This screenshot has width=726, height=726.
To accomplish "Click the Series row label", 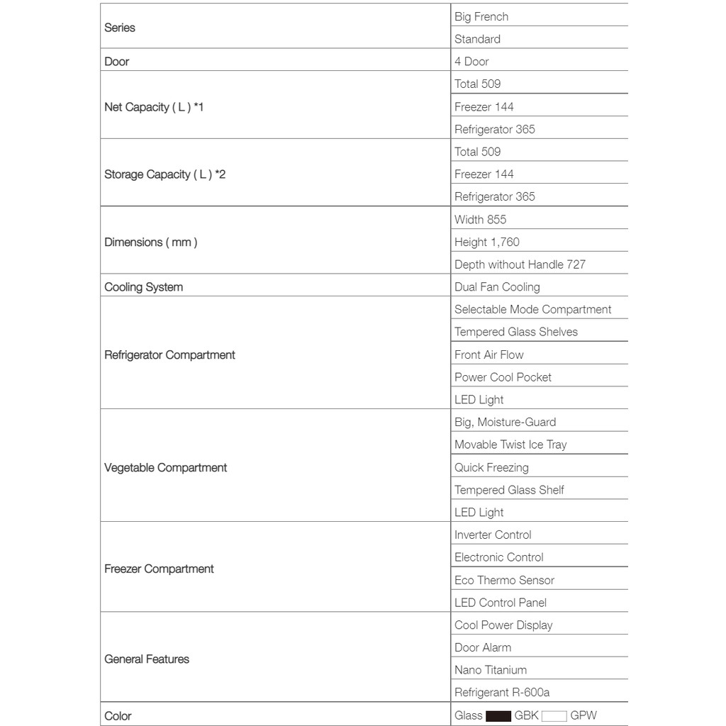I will click(x=120, y=28).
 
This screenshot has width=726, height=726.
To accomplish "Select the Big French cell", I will click(x=481, y=16).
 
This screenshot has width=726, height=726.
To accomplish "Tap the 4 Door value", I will click(x=471, y=62).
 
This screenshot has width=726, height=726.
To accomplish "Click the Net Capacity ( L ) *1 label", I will click(x=154, y=107).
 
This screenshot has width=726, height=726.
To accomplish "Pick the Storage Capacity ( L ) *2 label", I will click(x=164, y=174).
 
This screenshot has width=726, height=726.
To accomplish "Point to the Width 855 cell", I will click(x=480, y=220).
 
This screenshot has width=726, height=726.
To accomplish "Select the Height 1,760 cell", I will click(x=486, y=242).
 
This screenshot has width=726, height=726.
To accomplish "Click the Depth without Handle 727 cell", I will click(x=520, y=264).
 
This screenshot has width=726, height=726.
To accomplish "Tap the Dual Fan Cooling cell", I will click(x=497, y=287).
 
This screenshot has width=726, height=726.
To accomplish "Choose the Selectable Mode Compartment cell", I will click(x=532, y=310).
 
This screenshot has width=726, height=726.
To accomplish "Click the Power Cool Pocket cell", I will click(x=503, y=377).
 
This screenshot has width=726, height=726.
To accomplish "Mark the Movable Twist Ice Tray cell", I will click(x=510, y=445).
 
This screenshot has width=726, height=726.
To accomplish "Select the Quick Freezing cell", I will click(x=491, y=467).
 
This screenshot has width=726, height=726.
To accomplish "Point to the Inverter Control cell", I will click(x=493, y=535).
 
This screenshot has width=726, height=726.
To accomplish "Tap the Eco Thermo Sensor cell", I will click(x=504, y=580).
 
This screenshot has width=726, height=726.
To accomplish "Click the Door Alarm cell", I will click(x=482, y=647).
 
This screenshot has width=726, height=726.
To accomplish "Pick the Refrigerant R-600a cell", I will click(x=502, y=693).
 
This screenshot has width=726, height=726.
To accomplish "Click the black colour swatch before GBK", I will click(x=498, y=716).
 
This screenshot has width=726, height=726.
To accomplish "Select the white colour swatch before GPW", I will click(x=554, y=716).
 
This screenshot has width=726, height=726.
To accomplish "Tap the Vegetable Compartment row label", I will click(x=165, y=468).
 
